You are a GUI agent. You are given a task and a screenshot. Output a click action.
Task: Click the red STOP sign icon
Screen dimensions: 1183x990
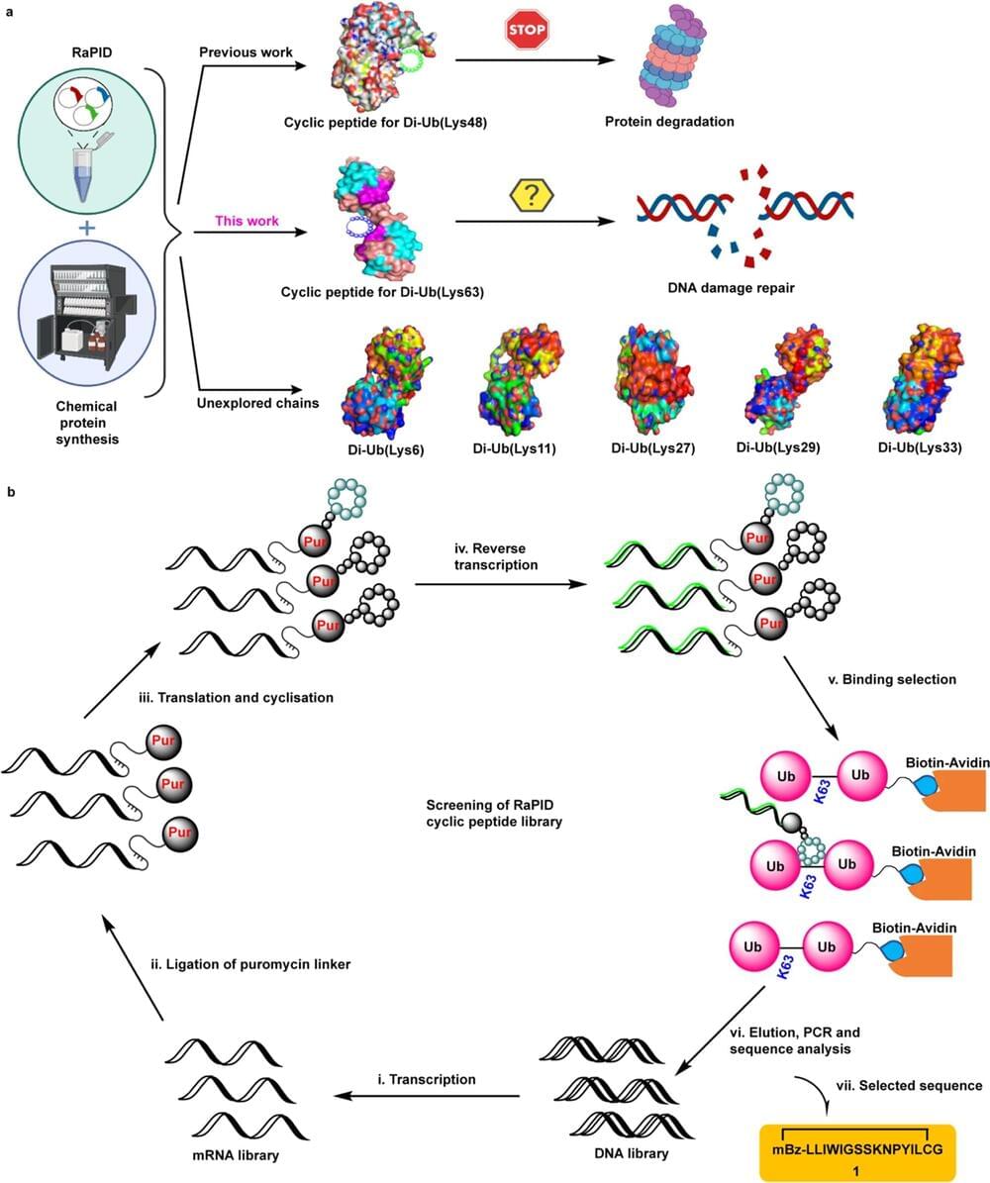526,31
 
